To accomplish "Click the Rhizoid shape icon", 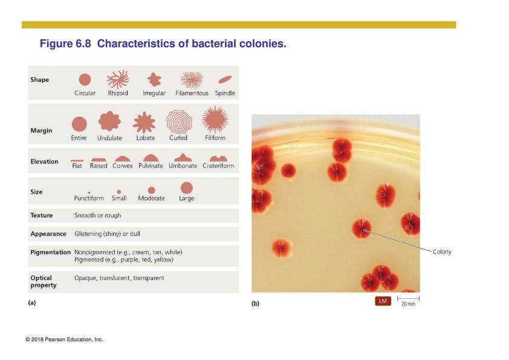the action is (x=118, y=79).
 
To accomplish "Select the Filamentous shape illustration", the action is (x=192, y=80).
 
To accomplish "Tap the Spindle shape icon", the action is (x=225, y=80).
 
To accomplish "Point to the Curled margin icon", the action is (x=179, y=122).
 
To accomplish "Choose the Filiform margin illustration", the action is (x=215, y=119).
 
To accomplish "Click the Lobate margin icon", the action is (x=144, y=122).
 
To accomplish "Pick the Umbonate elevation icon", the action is (x=183, y=157).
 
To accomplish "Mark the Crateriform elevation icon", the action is (x=218, y=159).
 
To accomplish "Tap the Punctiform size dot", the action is (x=89, y=192).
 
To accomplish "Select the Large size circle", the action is (x=187, y=188).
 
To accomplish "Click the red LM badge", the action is (x=383, y=301).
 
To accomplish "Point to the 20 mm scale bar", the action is (x=409, y=298).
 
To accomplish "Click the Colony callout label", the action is (x=442, y=252).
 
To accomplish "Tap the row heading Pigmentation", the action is (x=50, y=252).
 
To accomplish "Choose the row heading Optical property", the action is (x=43, y=281).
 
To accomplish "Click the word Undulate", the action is (x=110, y=138).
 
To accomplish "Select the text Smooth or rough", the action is (x=98, y=215).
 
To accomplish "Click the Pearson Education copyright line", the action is (x=64, y=339).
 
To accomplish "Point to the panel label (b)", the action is (x=255, y=304).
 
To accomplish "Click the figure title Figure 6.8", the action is (x=65, y=44).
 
